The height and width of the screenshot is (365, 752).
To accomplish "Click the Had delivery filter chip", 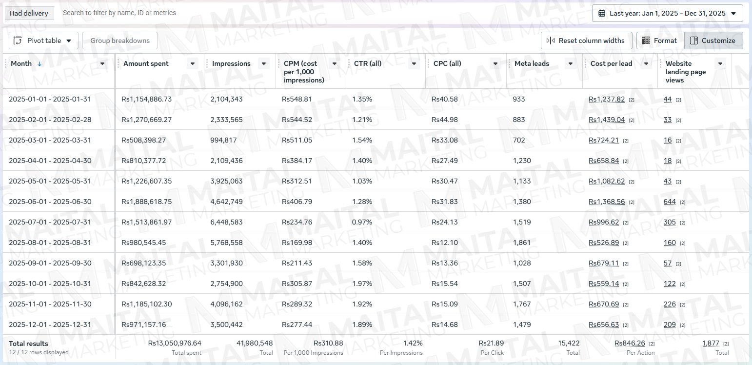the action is point(29,13).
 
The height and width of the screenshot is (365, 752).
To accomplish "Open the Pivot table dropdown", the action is point(43,41).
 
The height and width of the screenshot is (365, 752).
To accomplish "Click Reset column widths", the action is point(587,41).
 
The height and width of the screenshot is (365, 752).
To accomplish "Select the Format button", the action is point(660,41).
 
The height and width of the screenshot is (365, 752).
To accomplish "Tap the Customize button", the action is point(713,41).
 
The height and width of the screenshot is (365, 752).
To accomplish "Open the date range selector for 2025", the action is point(668,14).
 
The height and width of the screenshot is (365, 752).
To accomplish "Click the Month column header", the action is point(21,63).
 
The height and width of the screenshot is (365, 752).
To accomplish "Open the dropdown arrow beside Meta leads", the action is point(570,63).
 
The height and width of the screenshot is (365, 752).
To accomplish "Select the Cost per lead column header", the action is point(611,63).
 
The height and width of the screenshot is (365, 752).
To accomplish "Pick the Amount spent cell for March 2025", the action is point(144,140).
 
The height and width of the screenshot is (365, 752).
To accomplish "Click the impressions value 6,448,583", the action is point(226,222).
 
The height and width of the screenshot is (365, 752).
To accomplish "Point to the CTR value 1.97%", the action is point(362,284).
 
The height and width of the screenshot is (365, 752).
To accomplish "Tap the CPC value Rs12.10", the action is point(444,243).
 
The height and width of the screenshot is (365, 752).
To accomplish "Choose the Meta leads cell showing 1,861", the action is point(522,243).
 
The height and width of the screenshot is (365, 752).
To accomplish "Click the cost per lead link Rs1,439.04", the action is point(607,120).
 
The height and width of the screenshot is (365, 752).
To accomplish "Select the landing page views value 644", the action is point(670,202).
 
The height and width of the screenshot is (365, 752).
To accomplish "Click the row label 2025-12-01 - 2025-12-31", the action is point(50,324).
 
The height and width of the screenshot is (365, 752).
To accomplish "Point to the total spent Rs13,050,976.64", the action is point(175,343).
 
